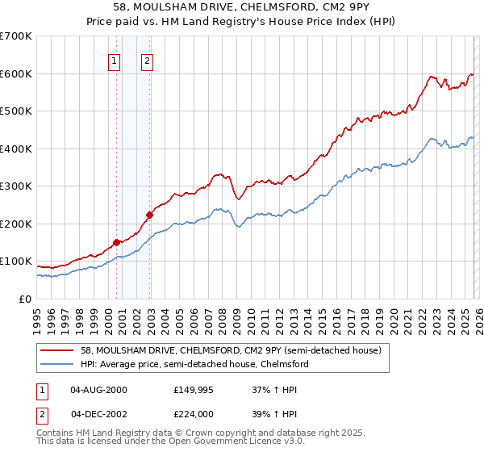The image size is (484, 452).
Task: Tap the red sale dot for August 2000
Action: point(116,242)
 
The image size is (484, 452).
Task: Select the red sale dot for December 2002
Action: point(149,215)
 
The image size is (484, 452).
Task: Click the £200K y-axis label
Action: point(15,224)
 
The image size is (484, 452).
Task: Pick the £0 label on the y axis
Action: point(24,299)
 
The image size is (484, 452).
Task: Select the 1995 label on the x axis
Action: point(37,315)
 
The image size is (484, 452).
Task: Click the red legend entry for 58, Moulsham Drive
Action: point(213,350)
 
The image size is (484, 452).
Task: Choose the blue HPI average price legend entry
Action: point(194,365)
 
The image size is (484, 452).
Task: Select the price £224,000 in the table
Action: point(194,413)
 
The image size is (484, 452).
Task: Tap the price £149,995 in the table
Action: point(194,391)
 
